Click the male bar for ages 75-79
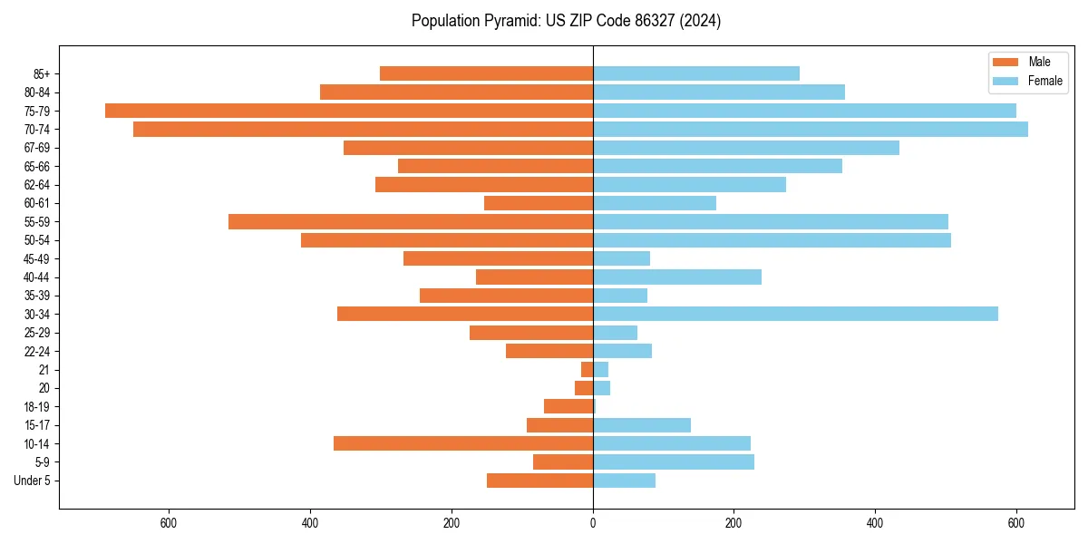[x=349, y=111]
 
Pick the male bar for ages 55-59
[x=411, y=221]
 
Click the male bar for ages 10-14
[x=463, y=443]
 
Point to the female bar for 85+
[x=696, y=73]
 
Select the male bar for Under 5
[x=539, y=481]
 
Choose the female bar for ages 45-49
[x=621, y=258]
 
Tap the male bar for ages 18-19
[x=568, y=406]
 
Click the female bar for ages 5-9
[x=674, y=461]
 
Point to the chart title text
[x=566, y=21]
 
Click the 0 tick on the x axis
[x=593, y=523]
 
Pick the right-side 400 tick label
[x=875, y=523]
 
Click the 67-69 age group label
[x=37, y=148]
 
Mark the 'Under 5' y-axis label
[x=32, y=481]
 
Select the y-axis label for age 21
[x=44, y=370]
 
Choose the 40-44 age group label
[x=37, y=277]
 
